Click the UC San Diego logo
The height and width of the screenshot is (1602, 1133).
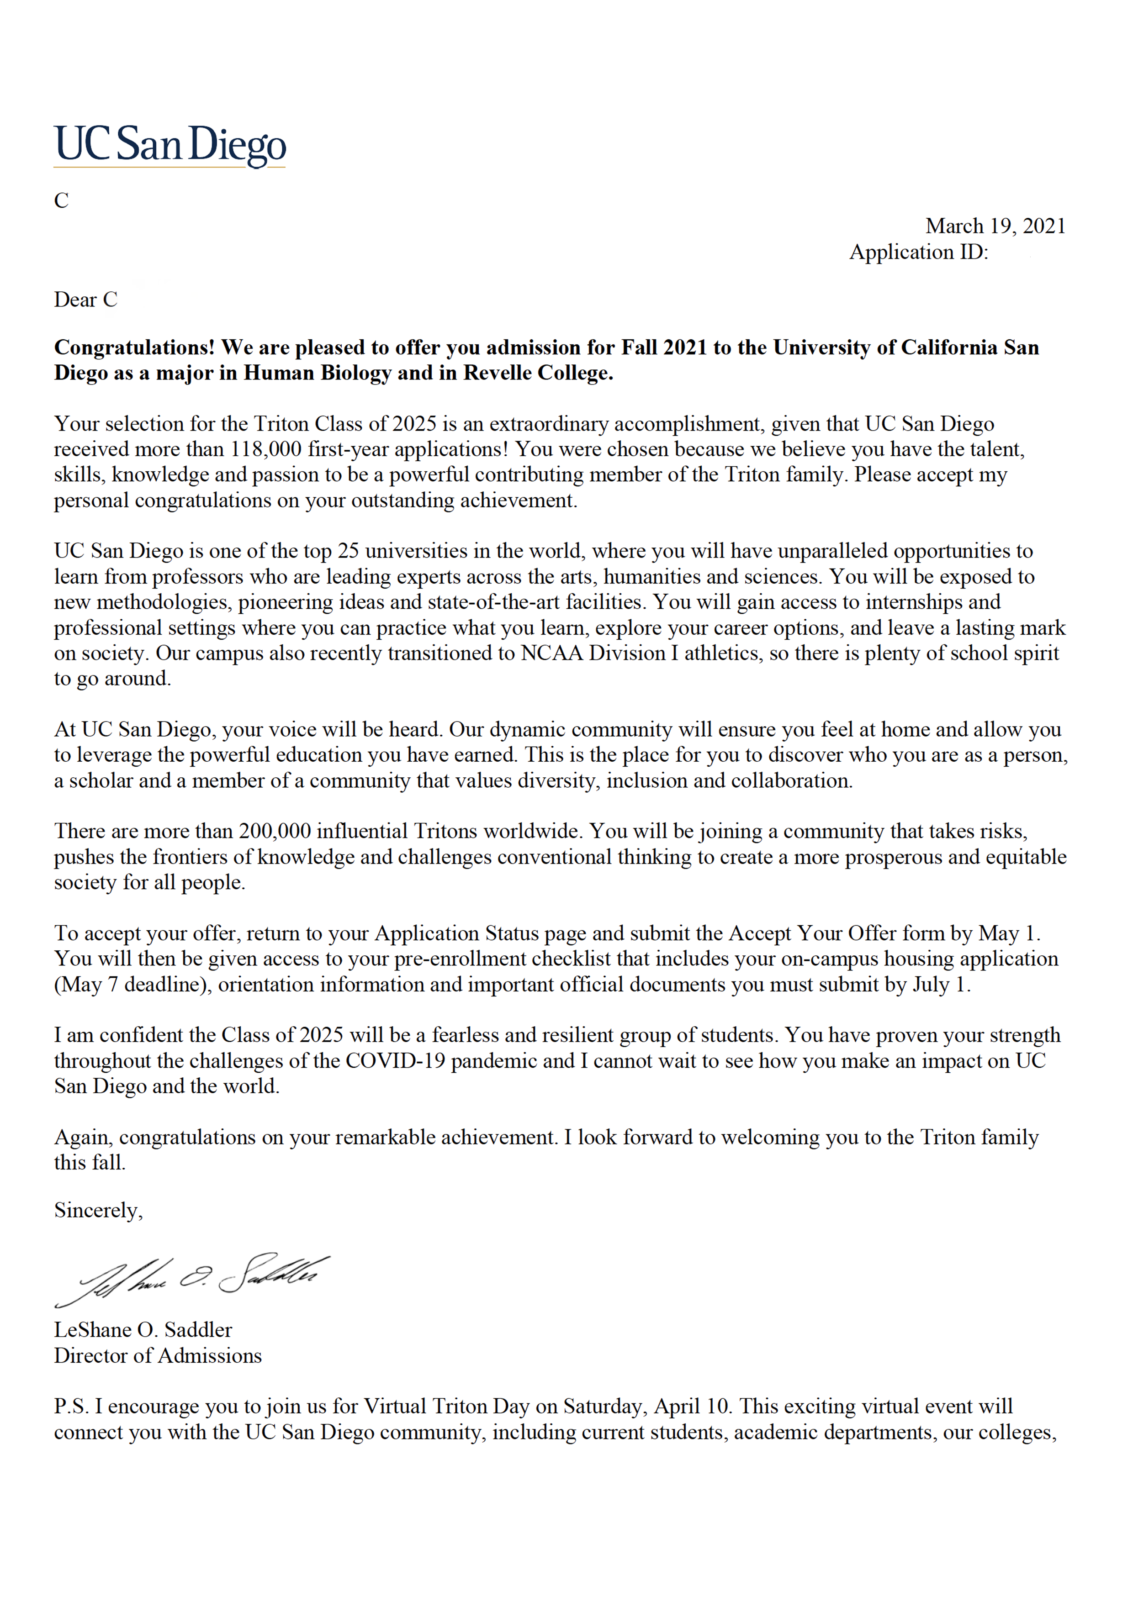[169, 145]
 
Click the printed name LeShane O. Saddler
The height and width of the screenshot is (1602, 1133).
[143, 1330]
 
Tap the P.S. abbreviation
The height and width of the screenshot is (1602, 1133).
[71, 1407]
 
